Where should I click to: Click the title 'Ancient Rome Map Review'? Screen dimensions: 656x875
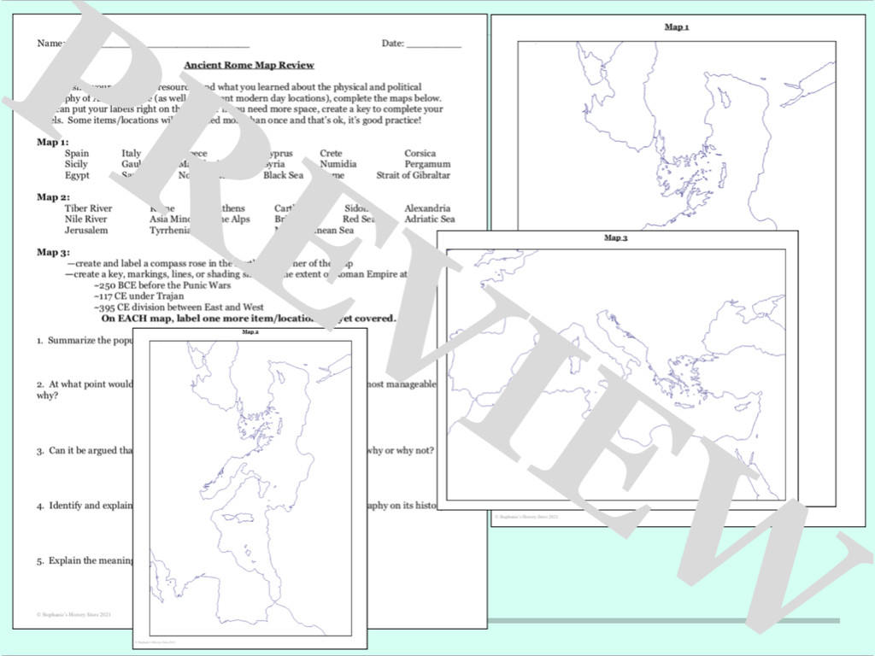pyautogui.click(x=250, y=65)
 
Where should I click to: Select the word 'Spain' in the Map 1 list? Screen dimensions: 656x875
pyautogui.click(x=76, y=154)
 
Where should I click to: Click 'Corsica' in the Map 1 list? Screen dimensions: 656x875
pyautogui.click(x=420, y=154)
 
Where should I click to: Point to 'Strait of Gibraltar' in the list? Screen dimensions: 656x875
pyautogui.click(x=413, y=175)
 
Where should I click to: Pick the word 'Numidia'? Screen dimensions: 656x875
pyautogui.click(x=338, y=164)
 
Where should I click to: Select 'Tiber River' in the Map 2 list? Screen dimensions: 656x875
pyautogui.click(x=88, y=208)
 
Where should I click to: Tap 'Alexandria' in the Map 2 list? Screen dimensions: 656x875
pyautogui.click(x=427, y=208)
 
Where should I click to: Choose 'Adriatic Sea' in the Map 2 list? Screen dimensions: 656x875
pyautogui.click(x=430, y=220)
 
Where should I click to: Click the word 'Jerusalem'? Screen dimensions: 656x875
pyautogui.click(x=86, y=231)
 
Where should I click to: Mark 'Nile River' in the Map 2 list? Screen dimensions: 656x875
pyautogui.click(x=85, y=220)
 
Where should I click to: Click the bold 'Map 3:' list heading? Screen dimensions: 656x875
pyautogui.click(x=53, y=252)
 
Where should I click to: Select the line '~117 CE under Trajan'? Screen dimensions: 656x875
pyautogui.click(x=138, y=296)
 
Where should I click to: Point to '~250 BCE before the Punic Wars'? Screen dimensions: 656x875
pyautogui.click(x=162, y=285)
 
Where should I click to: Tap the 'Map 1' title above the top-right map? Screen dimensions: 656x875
pyautogui.click(x=677, y=27)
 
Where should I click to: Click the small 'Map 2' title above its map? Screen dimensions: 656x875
pyautogui.click(x=250, y=332)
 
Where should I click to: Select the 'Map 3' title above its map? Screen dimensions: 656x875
pyautogui.click(x=615, y=237)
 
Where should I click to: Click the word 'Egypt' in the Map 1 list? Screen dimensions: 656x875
pyautogui.click(x=77, y=175)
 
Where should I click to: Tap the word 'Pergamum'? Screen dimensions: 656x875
pyautogui.click(x=427, y=164)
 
